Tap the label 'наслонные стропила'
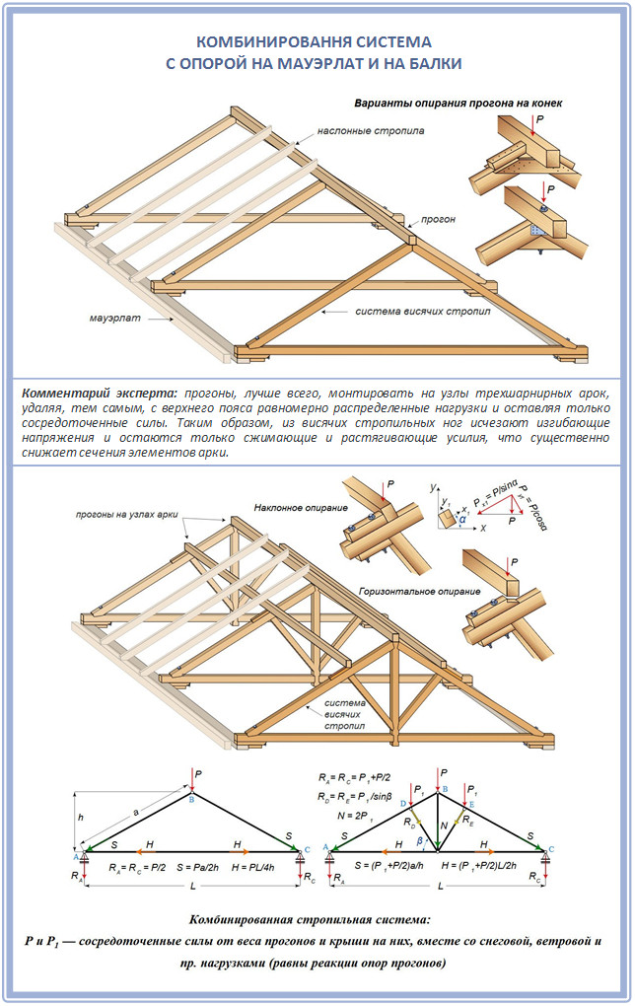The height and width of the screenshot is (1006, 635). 371,130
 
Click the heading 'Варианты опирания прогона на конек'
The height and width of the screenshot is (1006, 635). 459,103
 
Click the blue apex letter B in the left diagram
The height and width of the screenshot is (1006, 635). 193,801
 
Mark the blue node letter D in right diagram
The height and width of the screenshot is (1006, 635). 404,805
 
